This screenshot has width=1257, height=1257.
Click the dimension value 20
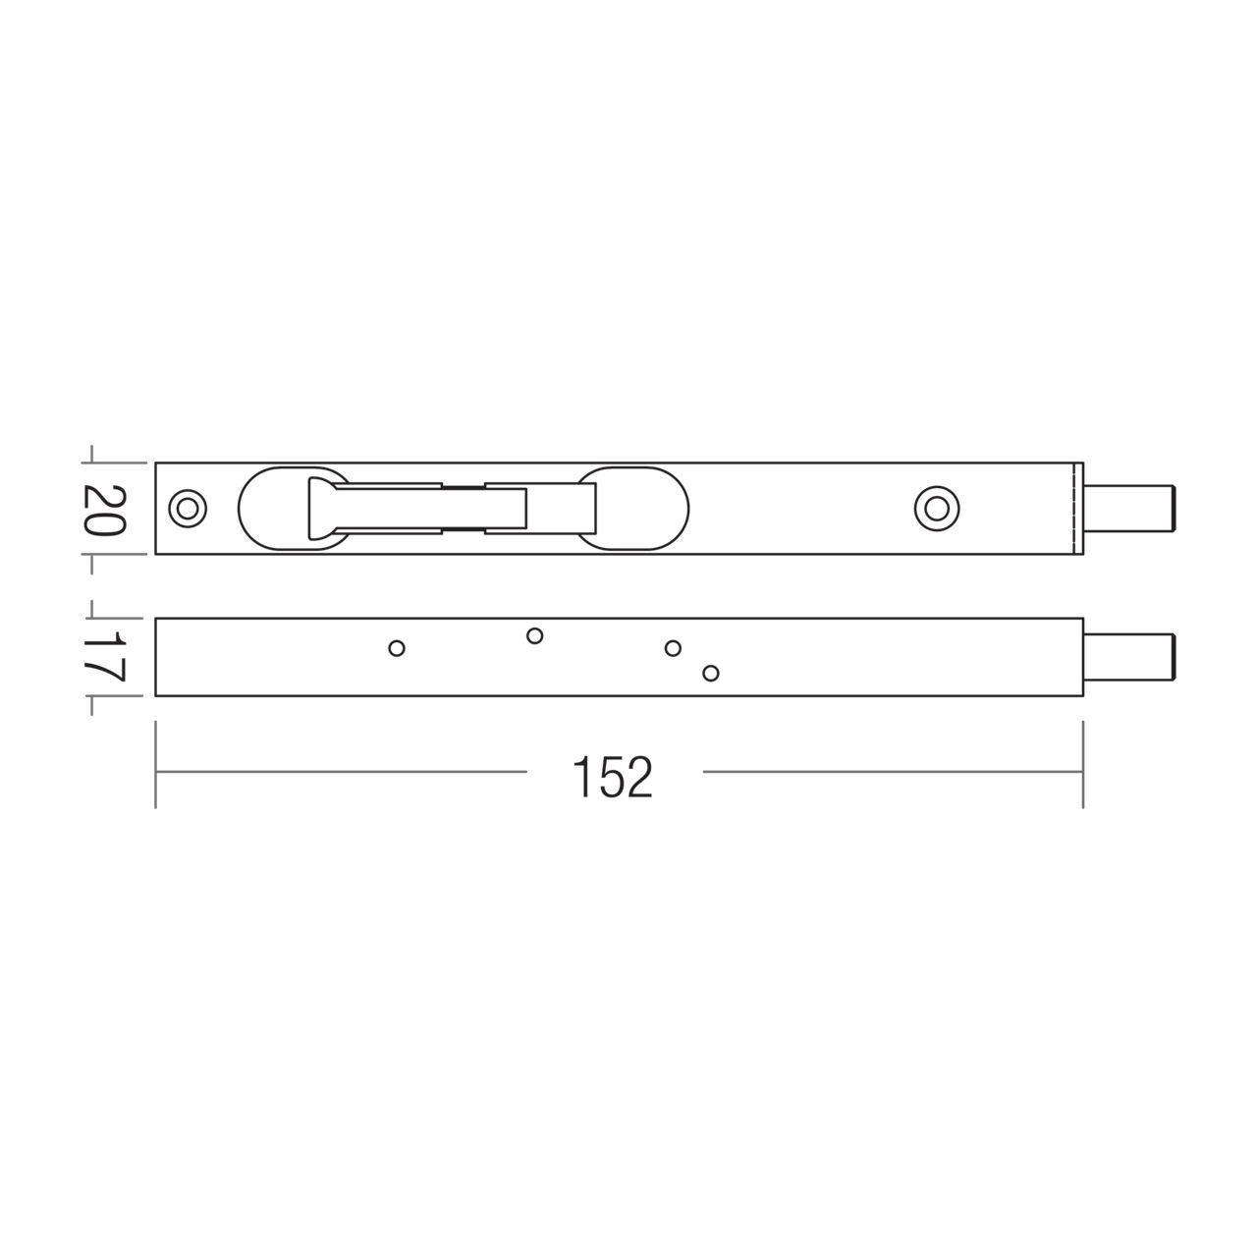(104, 509)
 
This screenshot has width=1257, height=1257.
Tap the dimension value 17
(104, 657)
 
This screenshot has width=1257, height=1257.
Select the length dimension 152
(613, 777)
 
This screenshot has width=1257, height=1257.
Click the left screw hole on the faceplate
(186, 508)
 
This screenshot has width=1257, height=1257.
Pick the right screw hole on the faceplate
(936, 508)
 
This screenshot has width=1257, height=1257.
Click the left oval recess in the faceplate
(270, 508)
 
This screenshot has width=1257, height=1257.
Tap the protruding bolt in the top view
(1134, 508)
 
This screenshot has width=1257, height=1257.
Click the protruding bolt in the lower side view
(1134, 657)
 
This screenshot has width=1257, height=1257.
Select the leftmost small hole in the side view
(397, 648)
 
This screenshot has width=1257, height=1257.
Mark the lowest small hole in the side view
(711, 673)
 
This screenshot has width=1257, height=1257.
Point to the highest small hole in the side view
(534, 635)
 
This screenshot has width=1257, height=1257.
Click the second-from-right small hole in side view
(673, 648)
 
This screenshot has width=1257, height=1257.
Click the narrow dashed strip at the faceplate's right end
(1078, 508)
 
